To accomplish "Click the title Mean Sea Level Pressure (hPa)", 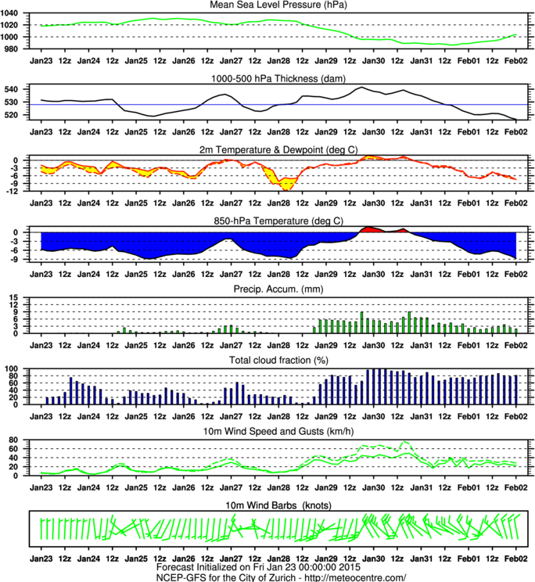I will pos(278,5).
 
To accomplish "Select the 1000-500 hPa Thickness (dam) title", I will pos(278,77).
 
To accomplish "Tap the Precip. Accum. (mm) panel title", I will pos(278,289).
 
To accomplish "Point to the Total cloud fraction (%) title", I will pos(278,360).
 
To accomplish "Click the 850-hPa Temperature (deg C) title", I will pos(278,220).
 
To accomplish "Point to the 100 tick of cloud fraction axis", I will pos(18,368).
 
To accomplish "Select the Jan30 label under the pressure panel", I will pos(374,59).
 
